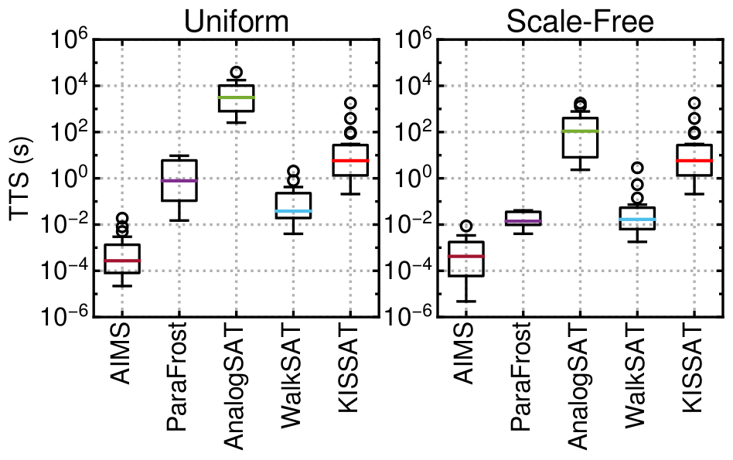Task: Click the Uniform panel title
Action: pos(237,21)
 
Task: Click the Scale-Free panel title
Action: pos(580,21)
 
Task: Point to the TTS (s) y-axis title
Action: pos(21,178)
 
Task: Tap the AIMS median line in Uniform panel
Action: pos(122,261)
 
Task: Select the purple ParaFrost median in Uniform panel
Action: pos(179,180)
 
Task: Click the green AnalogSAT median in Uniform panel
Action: pos(237,97)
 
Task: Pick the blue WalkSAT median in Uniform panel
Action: pos(294,211)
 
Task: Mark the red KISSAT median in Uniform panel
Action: pos(350,160)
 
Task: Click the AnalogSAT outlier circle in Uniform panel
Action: pos(237,72)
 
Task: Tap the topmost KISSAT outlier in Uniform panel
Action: pos(350,103)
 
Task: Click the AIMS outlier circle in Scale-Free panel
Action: pos(465,227)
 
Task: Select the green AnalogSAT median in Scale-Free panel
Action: pos(580,131)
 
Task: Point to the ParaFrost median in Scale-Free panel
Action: pos(523,221)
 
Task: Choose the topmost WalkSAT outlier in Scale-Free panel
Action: pos(637,167)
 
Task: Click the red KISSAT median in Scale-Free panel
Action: pos(694,160)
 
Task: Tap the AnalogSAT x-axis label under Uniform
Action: pos(233,386)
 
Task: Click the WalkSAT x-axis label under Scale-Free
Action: pos(633,374)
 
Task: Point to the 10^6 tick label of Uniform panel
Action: pos(68,41)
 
